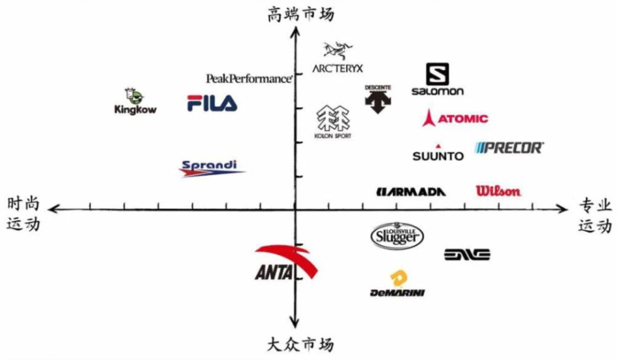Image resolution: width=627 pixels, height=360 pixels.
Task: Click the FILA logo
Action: (x=212, y=103)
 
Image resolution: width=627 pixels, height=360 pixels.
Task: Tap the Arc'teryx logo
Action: (x=337, y=58)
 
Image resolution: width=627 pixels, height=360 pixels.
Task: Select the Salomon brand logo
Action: (x=438, y=80)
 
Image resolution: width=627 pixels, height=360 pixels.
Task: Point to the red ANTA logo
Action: (x=286, y=263)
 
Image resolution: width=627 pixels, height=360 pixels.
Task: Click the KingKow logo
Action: (x=135, y=102)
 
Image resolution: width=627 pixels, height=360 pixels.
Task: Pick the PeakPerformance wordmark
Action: (x=249, y=78)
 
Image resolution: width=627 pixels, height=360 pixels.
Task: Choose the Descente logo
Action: (x=378, y=99)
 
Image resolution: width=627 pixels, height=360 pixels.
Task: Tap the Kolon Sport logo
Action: (x=333, y=122)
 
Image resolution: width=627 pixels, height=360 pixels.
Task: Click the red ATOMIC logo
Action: (x=455, y=118)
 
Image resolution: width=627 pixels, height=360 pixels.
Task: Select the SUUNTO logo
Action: (x=438, y=154)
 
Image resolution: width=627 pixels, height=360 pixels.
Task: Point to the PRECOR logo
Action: (x=509, y=148)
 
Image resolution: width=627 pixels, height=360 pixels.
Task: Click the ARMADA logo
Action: (x=411, y=191)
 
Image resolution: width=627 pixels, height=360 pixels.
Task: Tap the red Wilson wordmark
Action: (x=498, y=191)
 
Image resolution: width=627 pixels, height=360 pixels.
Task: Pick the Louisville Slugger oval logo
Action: (x=396, y=236)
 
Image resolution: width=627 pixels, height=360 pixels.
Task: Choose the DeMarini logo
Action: (x=397, y=285)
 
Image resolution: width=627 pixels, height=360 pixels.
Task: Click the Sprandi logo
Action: (x=211, y=168)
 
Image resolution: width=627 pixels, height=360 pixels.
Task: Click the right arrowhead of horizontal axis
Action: (x=563, y=208)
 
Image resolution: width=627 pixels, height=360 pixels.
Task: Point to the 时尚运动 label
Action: (x=24, y=214)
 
